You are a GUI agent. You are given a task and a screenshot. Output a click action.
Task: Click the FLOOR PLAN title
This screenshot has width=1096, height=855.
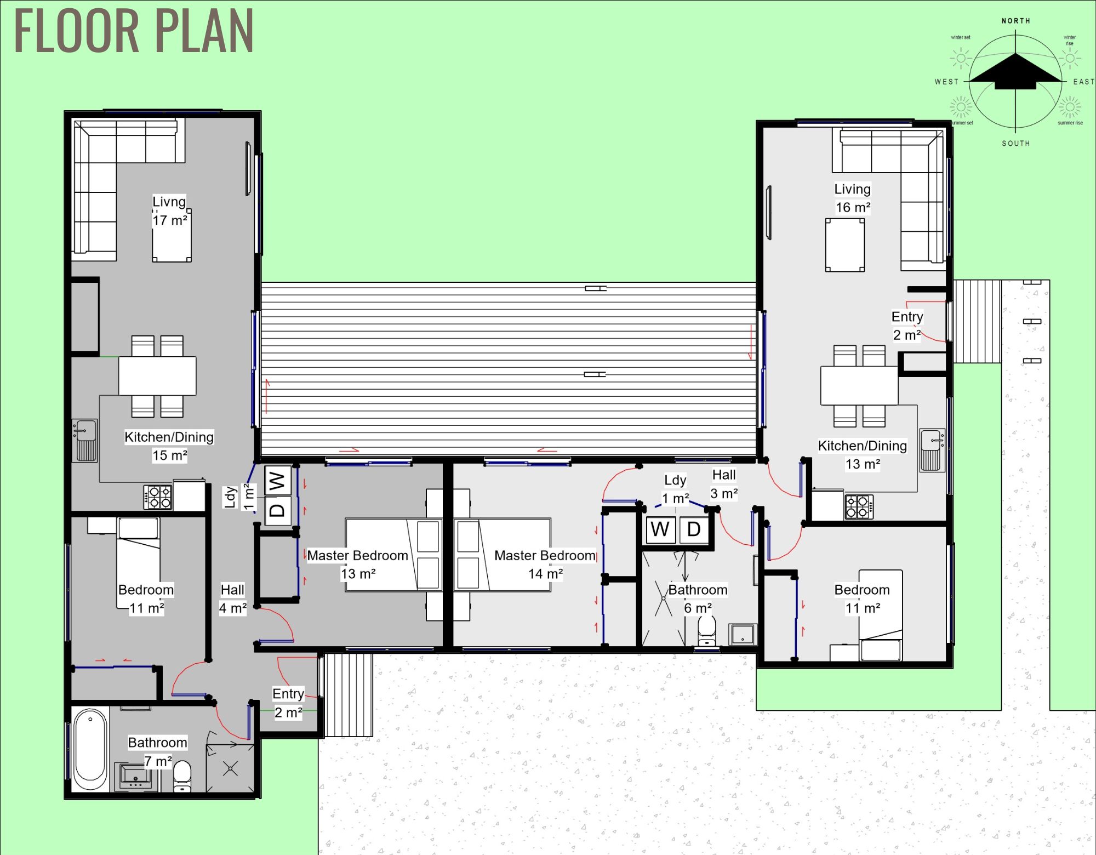tap(133, 31)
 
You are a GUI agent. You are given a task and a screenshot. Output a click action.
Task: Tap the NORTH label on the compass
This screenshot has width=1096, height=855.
tap(1015, 21)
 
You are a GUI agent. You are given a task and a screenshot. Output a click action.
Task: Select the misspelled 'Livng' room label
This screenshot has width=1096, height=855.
tap(169, 202)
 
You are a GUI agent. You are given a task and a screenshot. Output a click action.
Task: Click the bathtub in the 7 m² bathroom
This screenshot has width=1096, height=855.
tap(90, 749)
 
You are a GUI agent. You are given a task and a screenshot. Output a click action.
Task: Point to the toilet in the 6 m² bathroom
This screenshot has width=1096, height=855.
tap(706, 630)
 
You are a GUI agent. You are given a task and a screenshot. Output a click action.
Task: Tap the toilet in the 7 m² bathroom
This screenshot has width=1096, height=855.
tap(182, 776)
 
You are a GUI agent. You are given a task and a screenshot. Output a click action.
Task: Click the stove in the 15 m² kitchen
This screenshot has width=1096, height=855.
tap(158, 497)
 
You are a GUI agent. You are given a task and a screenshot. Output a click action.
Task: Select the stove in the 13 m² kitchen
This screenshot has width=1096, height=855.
tap(859, 506)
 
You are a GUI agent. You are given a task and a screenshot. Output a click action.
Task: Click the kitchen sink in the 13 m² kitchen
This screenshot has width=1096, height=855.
tap(932, 449)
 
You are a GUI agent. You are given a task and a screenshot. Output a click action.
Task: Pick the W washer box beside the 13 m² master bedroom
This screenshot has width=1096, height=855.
tap(277, 481)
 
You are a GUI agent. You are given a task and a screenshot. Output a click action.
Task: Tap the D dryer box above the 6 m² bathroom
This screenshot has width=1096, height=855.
tap(694, 529)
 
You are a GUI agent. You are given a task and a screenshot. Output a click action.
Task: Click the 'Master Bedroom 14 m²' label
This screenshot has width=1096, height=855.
tap(545, 565)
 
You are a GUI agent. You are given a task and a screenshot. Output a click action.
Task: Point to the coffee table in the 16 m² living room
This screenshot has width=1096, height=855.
tap(844, 245)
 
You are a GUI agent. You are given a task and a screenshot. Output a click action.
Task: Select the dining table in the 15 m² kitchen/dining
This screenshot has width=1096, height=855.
tap(157, 376)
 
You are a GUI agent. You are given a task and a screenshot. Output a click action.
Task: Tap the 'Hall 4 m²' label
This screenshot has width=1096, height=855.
tap(233, 598)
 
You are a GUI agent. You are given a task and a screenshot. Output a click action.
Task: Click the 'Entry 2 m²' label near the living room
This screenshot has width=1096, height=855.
tap(907, 326)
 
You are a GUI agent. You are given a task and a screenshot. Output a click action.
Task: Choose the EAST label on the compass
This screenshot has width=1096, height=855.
tap(1083, 82)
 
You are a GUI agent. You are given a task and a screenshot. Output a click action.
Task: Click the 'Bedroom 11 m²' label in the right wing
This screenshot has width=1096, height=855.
tap(862, 598)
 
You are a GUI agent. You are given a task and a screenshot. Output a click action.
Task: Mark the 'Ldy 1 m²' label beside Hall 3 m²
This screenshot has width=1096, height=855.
tap(675, 489)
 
